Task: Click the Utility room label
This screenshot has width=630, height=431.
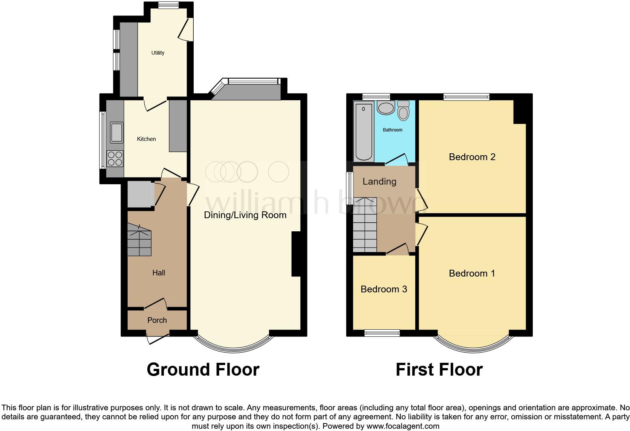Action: (x=157, y=53)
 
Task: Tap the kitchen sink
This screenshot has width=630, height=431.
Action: (x=116, y=133)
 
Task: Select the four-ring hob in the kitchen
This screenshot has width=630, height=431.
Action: (x=115, y=158)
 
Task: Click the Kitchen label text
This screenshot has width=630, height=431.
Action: (x=146, y=139)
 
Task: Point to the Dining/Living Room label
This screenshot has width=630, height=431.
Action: (x=245, y=215)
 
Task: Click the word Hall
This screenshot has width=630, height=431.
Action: (x=159, y=273)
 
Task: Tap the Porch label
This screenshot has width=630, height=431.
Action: (x=157, y=320)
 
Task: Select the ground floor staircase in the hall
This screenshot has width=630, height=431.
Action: (x=139, y=240)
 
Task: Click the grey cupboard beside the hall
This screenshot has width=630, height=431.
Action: (x=140, y=194)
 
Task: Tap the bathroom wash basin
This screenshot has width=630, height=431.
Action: (x=385, y=108)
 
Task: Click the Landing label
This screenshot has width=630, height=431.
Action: (x=379, y=182)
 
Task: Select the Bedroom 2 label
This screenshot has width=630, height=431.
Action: (x=472, y=157)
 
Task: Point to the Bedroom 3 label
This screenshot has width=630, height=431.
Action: (x=384, y=289)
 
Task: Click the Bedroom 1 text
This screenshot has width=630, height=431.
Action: (x=472, y=274)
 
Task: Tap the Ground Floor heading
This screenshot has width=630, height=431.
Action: (x=203, y=370)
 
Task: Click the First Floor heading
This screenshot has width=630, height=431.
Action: (x=439, y=370)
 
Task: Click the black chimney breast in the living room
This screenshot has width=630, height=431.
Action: (x=296, y=255)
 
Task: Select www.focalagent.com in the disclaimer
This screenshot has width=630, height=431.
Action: (x=403, y=426)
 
